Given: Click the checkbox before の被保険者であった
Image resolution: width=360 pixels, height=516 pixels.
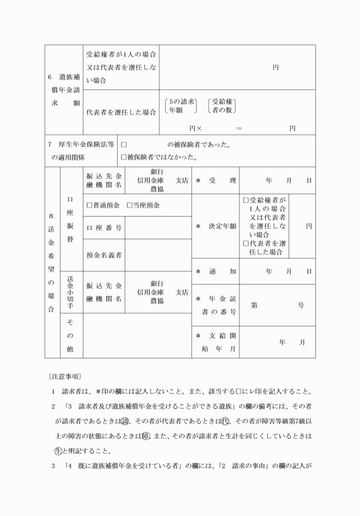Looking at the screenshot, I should click(x=123, y=145).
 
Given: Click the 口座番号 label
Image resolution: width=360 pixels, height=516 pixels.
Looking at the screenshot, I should click(x=103, y=227).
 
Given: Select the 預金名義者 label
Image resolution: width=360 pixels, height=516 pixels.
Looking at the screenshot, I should click(x=103, y=255).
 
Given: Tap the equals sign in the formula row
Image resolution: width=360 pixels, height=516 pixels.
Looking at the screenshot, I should click(x=239, y=128).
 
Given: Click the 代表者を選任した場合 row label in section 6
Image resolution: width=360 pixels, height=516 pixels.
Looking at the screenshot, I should click(x=121, y=113).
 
